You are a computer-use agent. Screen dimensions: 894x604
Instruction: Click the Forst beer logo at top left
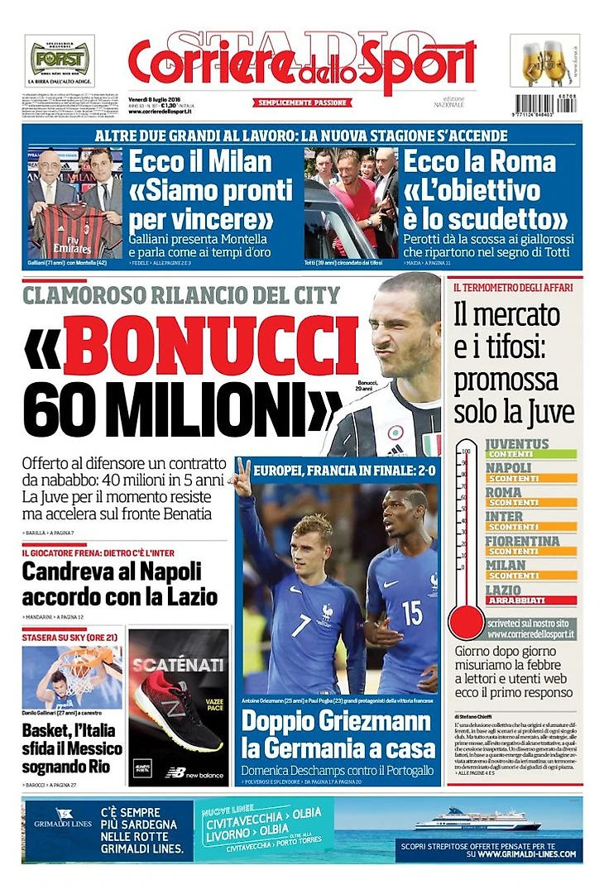(x=60, y=59)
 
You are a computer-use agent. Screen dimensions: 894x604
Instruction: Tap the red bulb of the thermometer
(x=466, y=622)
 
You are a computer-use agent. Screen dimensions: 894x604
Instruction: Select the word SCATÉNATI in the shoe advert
(x=167, y=663)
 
